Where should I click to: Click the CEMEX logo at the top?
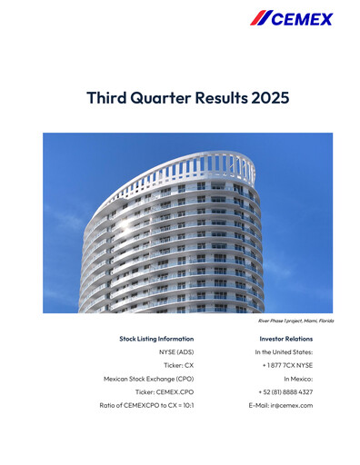tap(292, 19)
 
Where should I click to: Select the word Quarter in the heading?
tap(158, 97)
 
